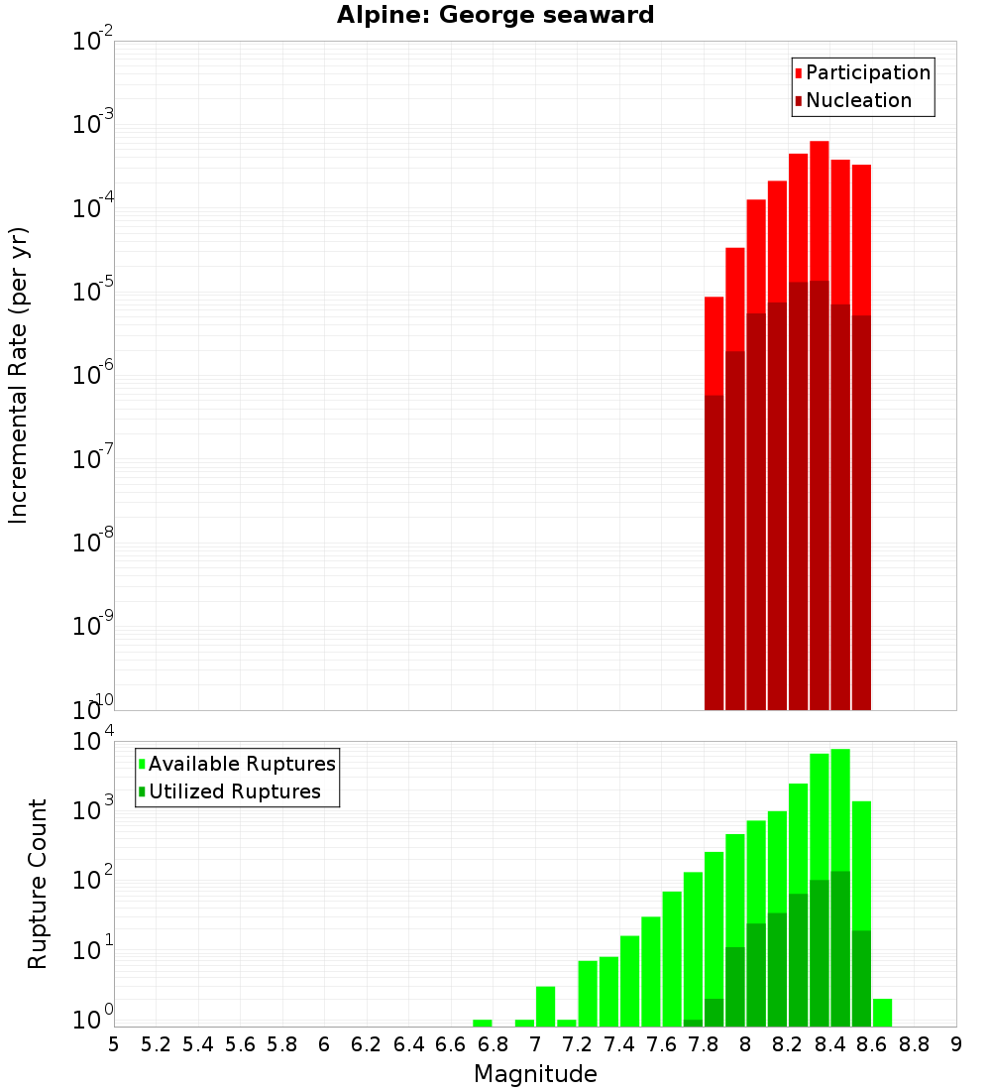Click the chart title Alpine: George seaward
tap(495, 15)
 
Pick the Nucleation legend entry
tap(858, 100)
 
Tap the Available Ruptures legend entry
tap(242, 764)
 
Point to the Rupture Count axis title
tap(38, 884)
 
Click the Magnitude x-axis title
tap(535, 1074)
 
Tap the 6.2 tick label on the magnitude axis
tap(367, 1044)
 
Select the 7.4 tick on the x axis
tap(619, 1044)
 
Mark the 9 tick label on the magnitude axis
tap(956, 1044)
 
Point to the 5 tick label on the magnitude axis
tap(114, 1044)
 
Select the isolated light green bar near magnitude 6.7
tap(483, 1023)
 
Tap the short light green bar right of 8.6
tap(882, 1013)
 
